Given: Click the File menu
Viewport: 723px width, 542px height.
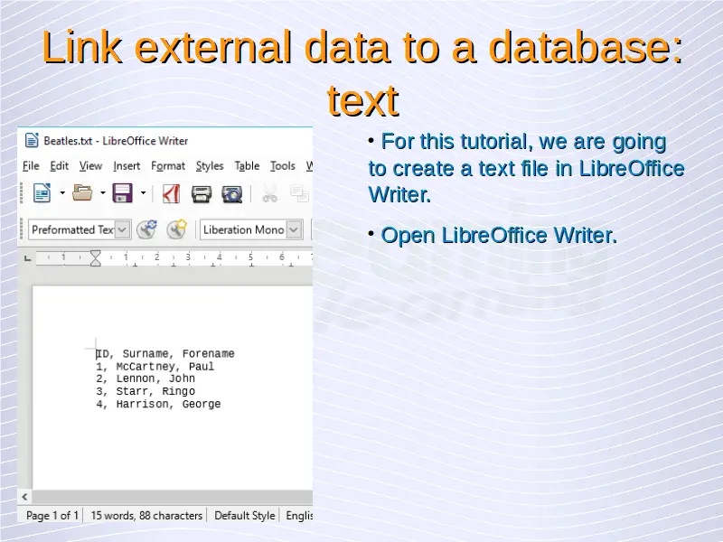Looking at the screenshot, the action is (x=31, y=166).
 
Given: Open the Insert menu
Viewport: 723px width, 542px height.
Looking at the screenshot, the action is (x=127, y=166).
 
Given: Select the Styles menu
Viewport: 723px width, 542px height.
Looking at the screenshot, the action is (x=210, y=166).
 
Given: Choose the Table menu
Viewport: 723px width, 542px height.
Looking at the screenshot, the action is (x=247, y=166).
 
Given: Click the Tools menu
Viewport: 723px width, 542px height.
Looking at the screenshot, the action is (x=282, y=166).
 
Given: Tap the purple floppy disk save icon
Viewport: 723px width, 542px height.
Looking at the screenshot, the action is (x=123, y=193).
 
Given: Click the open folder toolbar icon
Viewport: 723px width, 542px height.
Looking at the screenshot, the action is (x=82, y=193).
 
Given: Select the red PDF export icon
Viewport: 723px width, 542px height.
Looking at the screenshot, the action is (x=171, y=193).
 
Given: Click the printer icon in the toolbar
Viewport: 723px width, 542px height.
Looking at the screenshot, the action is (x=202, y=194).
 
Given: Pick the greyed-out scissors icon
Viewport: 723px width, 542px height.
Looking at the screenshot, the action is (x=269, y=194).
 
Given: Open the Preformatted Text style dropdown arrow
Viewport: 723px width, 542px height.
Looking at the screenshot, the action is (x=122, y=229).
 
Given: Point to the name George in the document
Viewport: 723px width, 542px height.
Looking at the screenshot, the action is (x=202, y=404).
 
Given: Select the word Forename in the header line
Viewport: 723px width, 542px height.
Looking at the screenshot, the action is (x=209, y=353).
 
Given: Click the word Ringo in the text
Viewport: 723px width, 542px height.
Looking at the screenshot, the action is (x=178, y=391).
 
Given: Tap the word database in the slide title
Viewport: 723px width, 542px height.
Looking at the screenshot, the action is (x=585, y=47).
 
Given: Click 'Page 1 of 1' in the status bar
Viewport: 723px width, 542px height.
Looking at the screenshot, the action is (x=52, y=515).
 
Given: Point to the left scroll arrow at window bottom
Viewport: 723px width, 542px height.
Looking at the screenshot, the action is (x=24, y=497).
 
